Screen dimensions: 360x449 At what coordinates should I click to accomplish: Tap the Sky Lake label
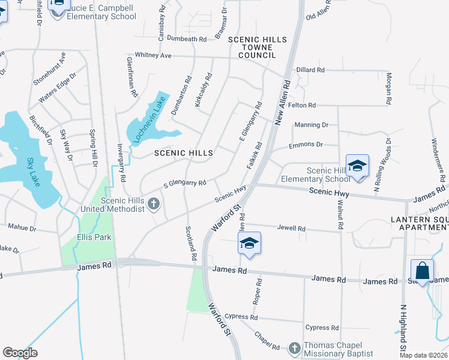coord(33,172)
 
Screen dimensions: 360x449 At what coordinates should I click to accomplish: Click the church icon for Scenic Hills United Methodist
coord(154,204)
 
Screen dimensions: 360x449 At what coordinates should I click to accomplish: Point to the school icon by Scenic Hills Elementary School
coord(357,166)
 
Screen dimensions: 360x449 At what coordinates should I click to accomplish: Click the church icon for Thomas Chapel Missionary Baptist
coord(294,348)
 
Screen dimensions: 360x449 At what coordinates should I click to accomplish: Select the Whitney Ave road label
coord(153,55)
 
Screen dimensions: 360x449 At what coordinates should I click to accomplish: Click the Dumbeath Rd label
coord(187,39)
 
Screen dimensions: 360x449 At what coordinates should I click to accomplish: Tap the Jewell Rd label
coord(292,229)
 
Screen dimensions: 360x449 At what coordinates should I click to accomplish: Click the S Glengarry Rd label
coord(185,182)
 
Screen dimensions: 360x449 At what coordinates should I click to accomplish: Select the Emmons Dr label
coord(306,145)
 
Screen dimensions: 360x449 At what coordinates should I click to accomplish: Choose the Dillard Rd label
coord(310,70)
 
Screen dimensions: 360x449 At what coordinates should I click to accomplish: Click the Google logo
coord(20,353)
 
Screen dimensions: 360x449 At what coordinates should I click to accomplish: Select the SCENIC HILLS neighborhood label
coord(184,154)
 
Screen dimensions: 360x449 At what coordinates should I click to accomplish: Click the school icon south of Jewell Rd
coord(249,243)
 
